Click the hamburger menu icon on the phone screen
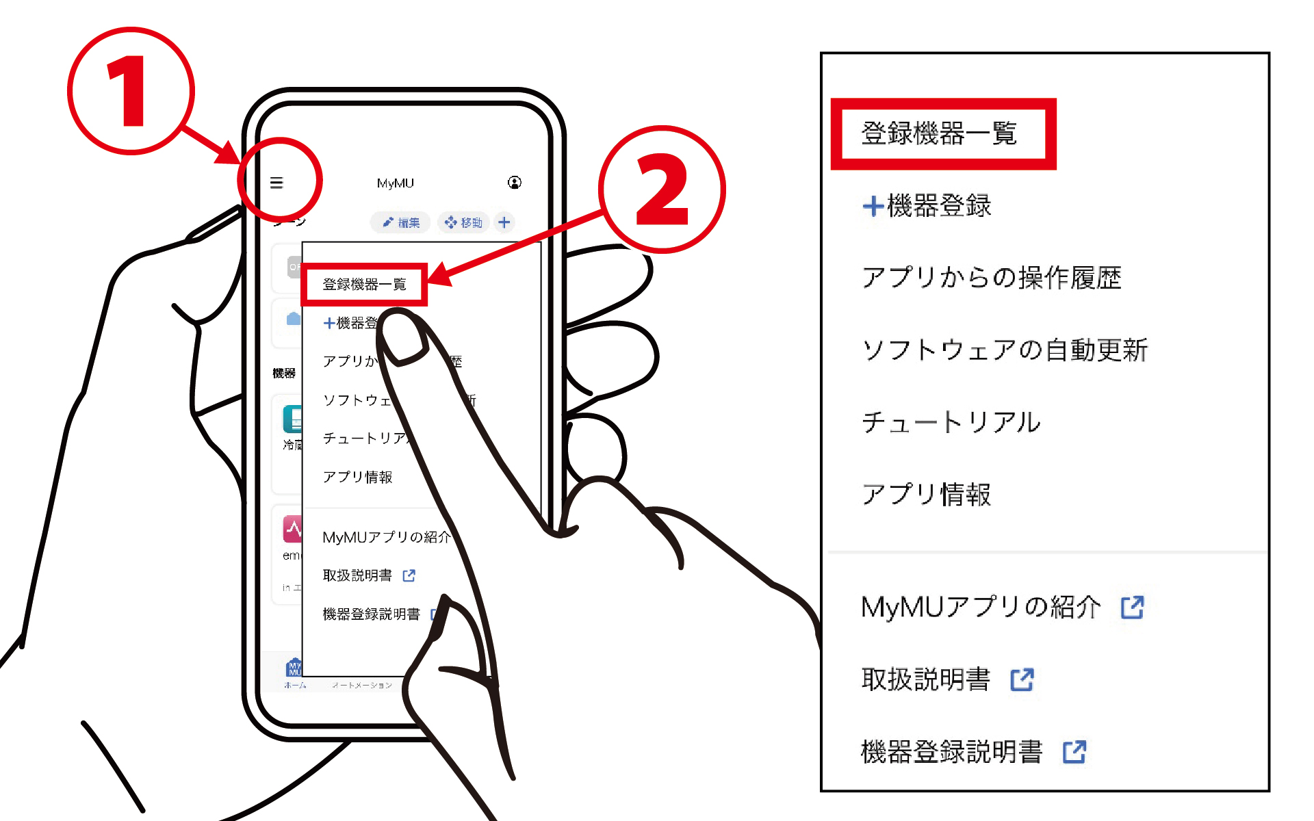click(x=276, y=183)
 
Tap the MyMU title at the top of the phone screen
click(x=395, y=183)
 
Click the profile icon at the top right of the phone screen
click(x=515, y=182)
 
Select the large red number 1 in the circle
click(x=128, y=92)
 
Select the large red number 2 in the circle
click(x=661, y=190)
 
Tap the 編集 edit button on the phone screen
click(x=401, y=222)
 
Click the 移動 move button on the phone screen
click(x=463, y=222)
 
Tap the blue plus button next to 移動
click(x=504, y=222)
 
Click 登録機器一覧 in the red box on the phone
click(x=364, y=284)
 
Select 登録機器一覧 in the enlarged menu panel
click(x=939, y=133)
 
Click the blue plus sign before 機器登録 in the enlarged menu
click(x=873, y=206)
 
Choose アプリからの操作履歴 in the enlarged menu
click(x=991, y=278)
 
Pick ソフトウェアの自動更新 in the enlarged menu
click(x=1004, y=350)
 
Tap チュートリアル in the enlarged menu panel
click(x=951, y=422)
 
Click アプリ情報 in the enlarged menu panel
click(x=926, y=494)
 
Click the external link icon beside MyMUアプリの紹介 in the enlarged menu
click(x=1132, y=607)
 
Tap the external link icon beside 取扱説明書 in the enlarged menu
click(x=1022, y=679)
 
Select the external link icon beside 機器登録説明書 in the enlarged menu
click(x=1074, y=752)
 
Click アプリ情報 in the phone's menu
click(x=357, y=477)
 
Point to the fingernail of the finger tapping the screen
click(x=404, y=337)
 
